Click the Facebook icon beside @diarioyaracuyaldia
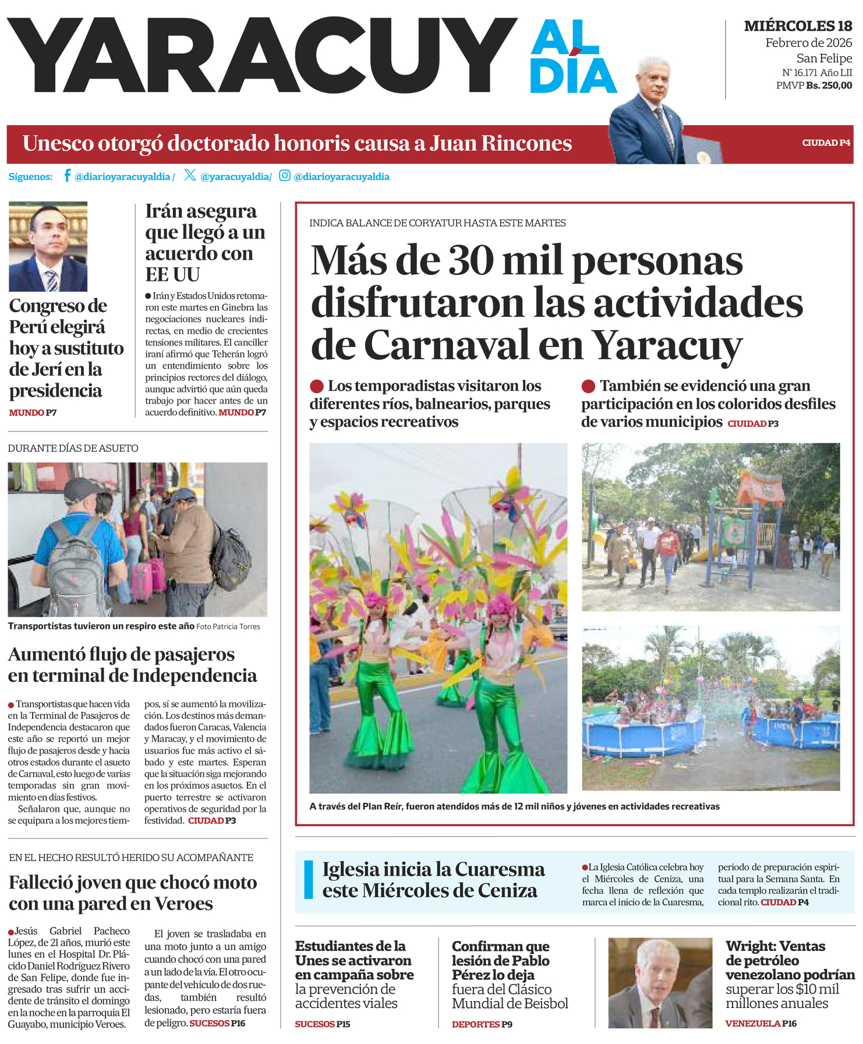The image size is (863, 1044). pyautogui.click(x=68, y=175)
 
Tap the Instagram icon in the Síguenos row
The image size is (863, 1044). pyautogui.click(x=284, y=175)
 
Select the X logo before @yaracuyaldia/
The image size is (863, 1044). pyautogui.click(x=190, y=175)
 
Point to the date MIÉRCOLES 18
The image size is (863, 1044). pyautogui.click(x=798, y=26)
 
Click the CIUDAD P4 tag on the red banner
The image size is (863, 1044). pyautogui.click(x=826, y=143)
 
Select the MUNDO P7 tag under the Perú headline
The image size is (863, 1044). pyautogui.click(x=33, y=413)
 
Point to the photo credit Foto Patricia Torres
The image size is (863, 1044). pyautogui.click(x=228, y=627)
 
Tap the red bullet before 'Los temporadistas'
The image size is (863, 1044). pyautogui.click(x=317, y=386)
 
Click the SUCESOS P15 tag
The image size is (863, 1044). pyautogui.click(x=323, y=1024)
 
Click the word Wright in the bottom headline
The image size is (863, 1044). pyautogui.click(x=750, y=946)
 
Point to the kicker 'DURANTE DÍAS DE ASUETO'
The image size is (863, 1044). pyautogui.click(x=73, y=448)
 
